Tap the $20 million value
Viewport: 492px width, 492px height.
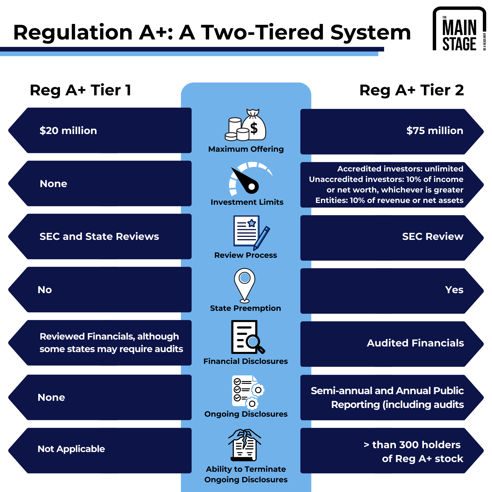coord(68,131)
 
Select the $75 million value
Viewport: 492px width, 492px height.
coord(435,131)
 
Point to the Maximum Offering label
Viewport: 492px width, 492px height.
coord(246,149)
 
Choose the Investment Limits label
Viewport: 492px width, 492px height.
coord(247,202)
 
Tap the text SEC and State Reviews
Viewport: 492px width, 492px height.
coord(99,237)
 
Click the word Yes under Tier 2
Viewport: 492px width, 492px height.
coord(454,290)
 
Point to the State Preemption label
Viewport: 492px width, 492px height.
coord(245,308)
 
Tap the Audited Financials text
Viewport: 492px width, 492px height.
coord(415,343)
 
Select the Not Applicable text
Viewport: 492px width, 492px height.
coord(71,449)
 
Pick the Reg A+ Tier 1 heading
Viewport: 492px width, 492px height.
coord(80,90)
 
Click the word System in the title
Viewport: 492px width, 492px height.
coord(371,33)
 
